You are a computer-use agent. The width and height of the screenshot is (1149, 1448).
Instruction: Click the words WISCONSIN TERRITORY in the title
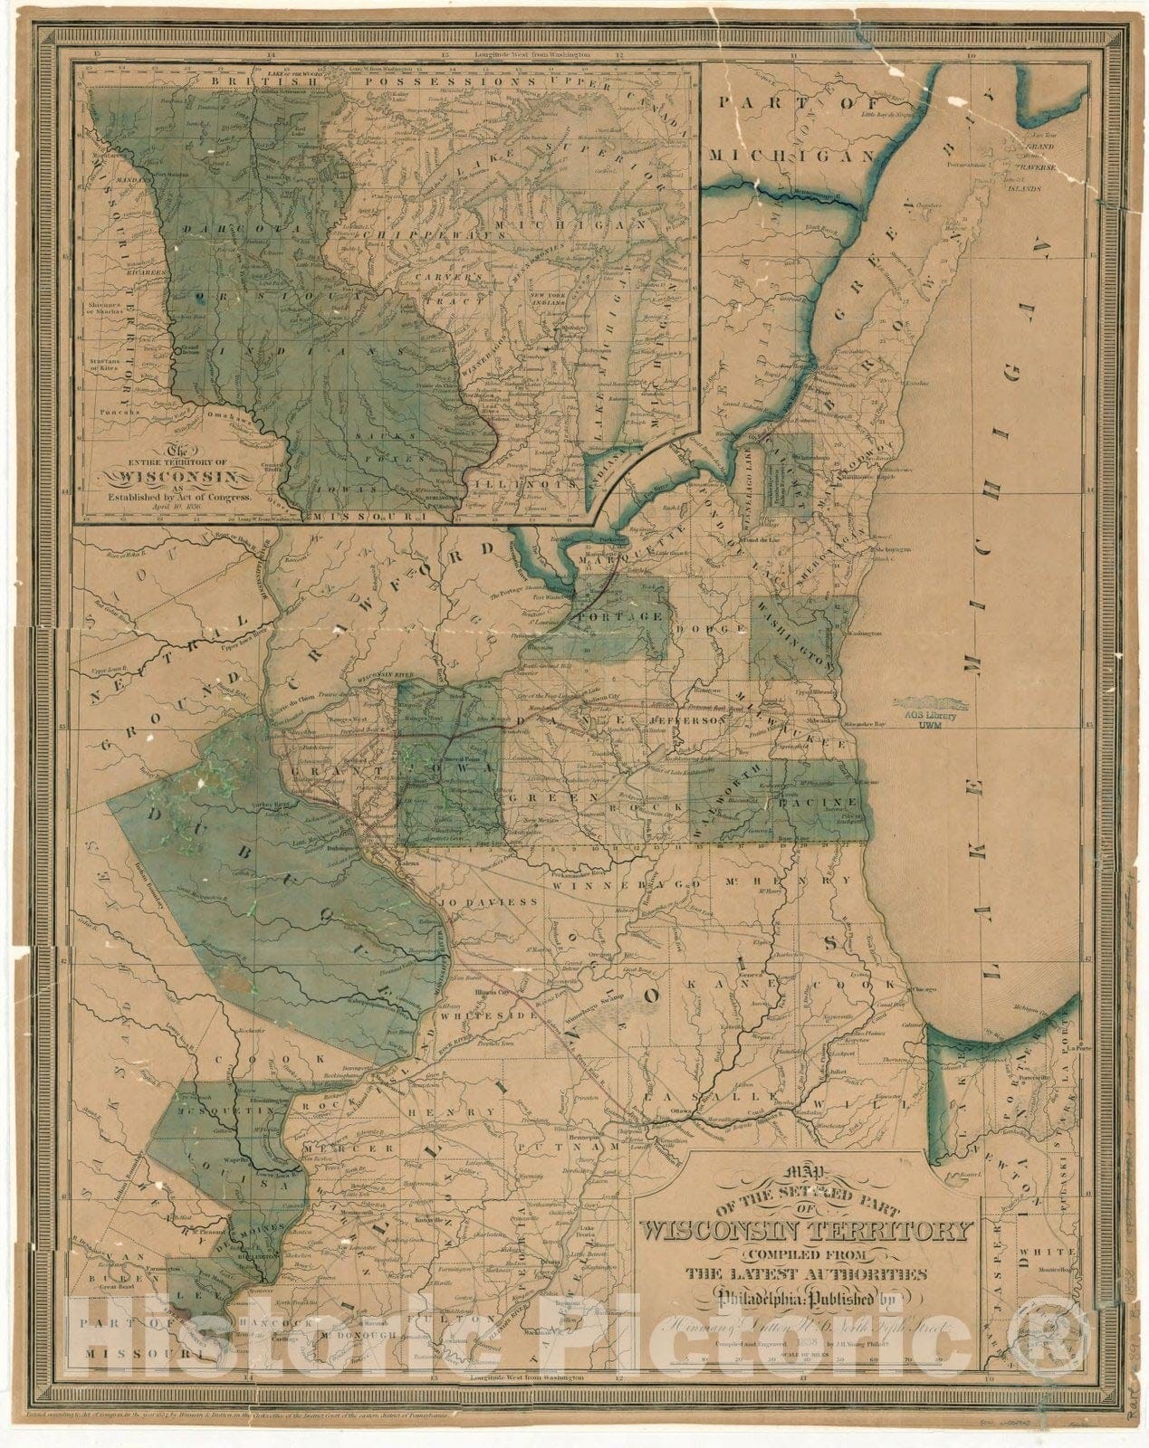[806, 1232]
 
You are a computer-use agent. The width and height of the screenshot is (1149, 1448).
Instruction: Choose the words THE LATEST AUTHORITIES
[806, 1274]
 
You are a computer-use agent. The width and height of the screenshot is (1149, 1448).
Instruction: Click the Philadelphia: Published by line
[806, 1300]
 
